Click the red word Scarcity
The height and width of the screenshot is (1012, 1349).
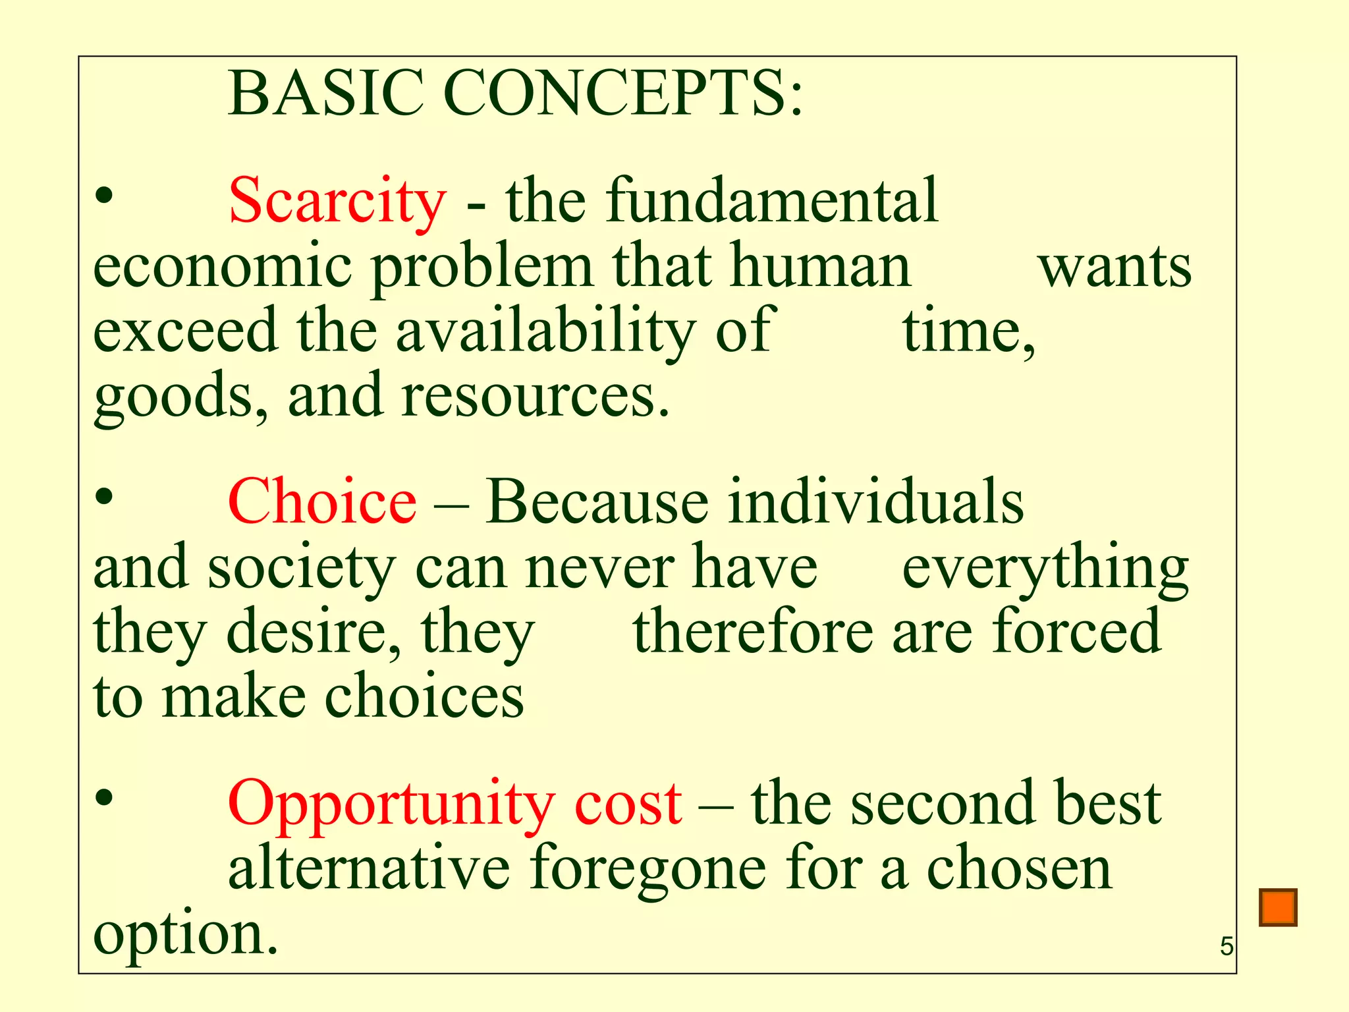pyautogui.click(x=337, y=201)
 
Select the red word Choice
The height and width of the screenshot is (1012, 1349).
pyautogui.click(x=322, y=502)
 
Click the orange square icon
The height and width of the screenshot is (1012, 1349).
pyautogui.click(x=1278, y=907)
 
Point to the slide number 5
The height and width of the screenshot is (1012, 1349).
pyautogui.click(x=1226, y=947)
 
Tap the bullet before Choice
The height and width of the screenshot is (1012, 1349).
pyautogui.click(x=104, y=497)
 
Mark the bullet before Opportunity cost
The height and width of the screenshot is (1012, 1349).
pyautogui.click(x=104, y=798)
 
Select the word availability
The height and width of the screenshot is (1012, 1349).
pyautogui.click(x=545, y=331)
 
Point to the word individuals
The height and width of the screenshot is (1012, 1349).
pyautogui.click(x=876, y=502)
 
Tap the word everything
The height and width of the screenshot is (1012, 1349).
pyautogui.click(x=1045, y=569)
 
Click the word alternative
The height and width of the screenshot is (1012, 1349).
pyautogui.click(x=369, y=868)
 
